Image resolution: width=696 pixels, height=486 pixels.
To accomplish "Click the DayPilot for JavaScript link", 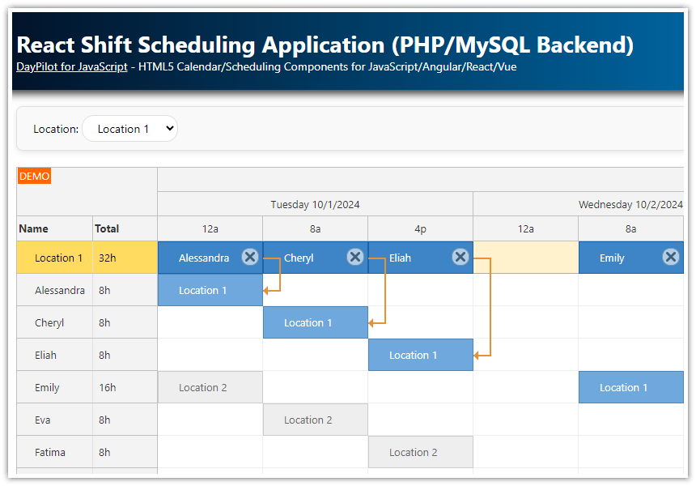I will [x=71, y=67].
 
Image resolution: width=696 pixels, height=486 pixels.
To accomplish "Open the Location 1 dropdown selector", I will [x=130, y=129].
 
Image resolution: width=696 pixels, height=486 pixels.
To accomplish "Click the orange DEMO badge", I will [x=34, y=177].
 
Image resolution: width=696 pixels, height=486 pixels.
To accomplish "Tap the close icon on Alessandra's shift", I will [x=250, y=257].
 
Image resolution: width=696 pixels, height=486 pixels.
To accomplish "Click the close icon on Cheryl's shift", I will [x=355, y=257].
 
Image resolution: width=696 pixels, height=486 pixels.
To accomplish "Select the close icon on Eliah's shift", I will [x=460, y=257].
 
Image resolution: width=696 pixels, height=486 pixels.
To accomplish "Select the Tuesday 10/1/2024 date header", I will [x=315, y=204].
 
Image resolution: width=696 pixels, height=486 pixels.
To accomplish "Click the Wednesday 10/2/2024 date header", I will [x=630, y=204].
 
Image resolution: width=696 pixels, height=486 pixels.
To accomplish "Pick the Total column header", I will [x=107, y=228].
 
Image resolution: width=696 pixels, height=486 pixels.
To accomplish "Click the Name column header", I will [x=34, y=228].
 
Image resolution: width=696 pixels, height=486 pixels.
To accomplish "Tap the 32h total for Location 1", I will [x=108, y=258].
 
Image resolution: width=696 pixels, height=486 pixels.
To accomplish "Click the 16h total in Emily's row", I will [x=108, y=387].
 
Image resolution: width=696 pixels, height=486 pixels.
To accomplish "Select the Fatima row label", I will [x=50, y=452].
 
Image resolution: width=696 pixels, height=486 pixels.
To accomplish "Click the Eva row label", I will [x=43, y=420].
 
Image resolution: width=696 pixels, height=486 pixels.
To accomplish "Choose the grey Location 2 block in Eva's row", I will [x=315, y=420].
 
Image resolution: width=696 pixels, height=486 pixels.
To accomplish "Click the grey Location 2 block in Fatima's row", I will [x=420, y=452].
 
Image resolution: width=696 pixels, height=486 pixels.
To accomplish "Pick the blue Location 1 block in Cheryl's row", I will [x=315, y=322].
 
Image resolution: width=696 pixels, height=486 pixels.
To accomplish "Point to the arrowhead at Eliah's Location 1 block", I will [x=477, y=355].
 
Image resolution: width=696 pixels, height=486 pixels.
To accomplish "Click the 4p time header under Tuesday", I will [x=420, y=228].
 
